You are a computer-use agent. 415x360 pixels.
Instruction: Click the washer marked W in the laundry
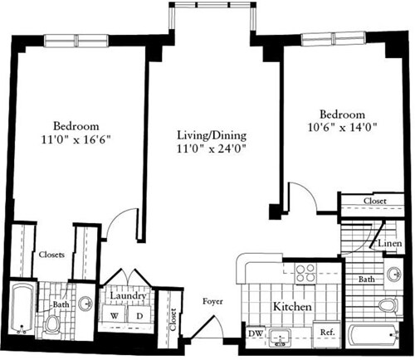(114, 316)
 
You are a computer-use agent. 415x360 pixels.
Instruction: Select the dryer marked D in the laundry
(139, 316)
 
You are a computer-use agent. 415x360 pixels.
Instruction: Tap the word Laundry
(128, 296)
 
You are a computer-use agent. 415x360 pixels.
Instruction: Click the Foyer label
(213, 303)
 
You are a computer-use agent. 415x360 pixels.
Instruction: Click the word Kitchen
(292, 307)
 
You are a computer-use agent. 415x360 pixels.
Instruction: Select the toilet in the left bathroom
(54, 323)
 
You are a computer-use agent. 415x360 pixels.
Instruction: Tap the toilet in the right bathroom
(388, 305)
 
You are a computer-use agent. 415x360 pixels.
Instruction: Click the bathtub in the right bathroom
(374, 336)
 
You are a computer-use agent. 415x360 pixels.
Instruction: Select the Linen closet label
(391, 244)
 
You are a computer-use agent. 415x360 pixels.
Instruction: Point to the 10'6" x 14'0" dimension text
(343, 129)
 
